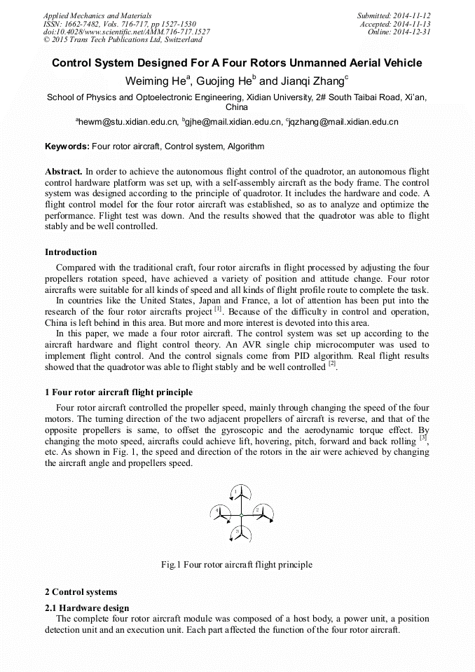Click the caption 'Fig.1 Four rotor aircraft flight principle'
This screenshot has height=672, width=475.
click(237, 565)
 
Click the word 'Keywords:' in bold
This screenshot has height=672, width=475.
click(67, 146)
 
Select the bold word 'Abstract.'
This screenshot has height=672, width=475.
click(64, 172)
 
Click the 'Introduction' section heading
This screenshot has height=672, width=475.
click(71, 252)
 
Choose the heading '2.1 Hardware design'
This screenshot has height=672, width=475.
click(87, 608)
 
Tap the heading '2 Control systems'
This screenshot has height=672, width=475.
click(81, 592)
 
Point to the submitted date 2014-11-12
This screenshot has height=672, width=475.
click(411, 15)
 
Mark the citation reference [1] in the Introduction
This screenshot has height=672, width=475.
click(218, 309)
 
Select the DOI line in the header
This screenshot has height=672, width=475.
click(126, 32)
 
